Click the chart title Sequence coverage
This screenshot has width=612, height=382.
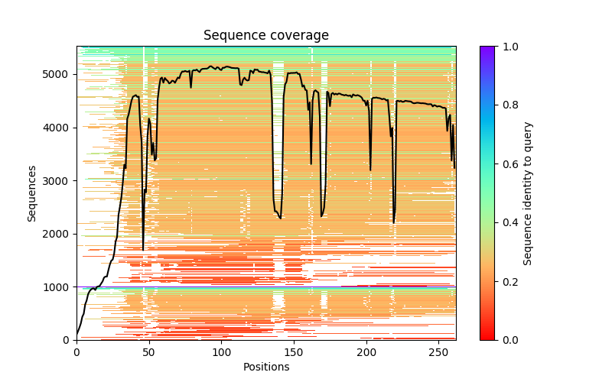[x=266, y=36]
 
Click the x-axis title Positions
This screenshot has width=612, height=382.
[x=266, y=367]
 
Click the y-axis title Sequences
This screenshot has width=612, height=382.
[x=32, y=193]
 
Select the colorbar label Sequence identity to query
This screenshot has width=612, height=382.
[x=528, y=193]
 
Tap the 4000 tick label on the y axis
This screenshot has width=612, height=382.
[x=60, y=128]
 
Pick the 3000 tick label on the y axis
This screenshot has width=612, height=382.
[x=60, y=180]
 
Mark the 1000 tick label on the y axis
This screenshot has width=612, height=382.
[x=60, y=286]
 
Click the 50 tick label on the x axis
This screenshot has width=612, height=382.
[x=149, y=351]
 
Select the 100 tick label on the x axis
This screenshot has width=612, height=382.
[x=222, y=351]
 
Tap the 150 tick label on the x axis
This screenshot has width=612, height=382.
[x=295, y=351]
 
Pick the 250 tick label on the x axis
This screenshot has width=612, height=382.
[x=440, y=351]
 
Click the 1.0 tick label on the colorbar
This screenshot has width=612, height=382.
[x=508, y=47]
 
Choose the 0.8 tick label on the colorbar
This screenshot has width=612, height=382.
[x=508, y=105]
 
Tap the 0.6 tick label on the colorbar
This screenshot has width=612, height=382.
[x=508, y=163]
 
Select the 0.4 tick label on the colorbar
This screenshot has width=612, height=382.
[x=508, y=222]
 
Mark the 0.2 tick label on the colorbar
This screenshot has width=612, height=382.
[x=508, y=281]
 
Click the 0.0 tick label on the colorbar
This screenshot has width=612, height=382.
[x=508, y=339]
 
